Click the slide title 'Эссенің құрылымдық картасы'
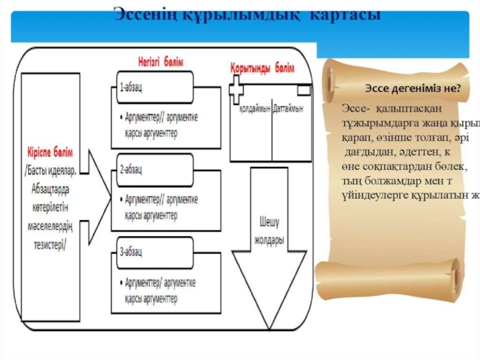tap(246, 13)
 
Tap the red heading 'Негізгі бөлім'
tap(157, 62)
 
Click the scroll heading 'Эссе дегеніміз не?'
tap(413, 88)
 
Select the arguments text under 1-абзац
tap(159, 124)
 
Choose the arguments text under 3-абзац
tap(159, 289)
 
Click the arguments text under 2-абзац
tap(159, 206)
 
